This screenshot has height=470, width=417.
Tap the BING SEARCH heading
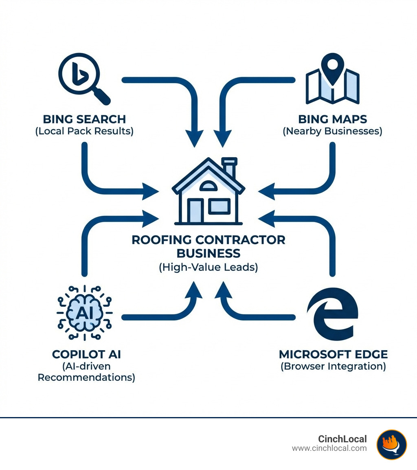pyautogui.click(x=84, y=119)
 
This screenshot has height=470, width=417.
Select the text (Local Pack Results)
pyautogui.click(x=84, y=132)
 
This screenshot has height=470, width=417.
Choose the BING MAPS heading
pyautogui.click(x=332, y=119)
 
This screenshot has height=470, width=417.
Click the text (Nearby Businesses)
pyautogui.click(x=332, y=132)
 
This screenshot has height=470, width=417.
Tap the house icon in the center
pyautogui.click(x=208, y=191)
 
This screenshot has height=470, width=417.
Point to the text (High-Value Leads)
pyautogui.click(x=208, y=268)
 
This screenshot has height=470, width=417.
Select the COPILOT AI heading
pyautogui.click(x=86, y=354)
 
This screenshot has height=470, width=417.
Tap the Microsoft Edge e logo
pyautogui.click(x=333, y=314)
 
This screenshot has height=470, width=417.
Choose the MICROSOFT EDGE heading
pyautogui.click(x=333, y=354)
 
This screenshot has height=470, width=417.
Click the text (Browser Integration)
pyautogui.click(x=333, y=366)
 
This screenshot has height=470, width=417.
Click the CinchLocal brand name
pyautogui.click(x=342, y=439)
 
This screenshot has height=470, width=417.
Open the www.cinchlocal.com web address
pyautogui.click(x=329, y=448)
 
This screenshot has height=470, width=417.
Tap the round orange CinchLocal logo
pyautogui.click(x=391, y=444)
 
